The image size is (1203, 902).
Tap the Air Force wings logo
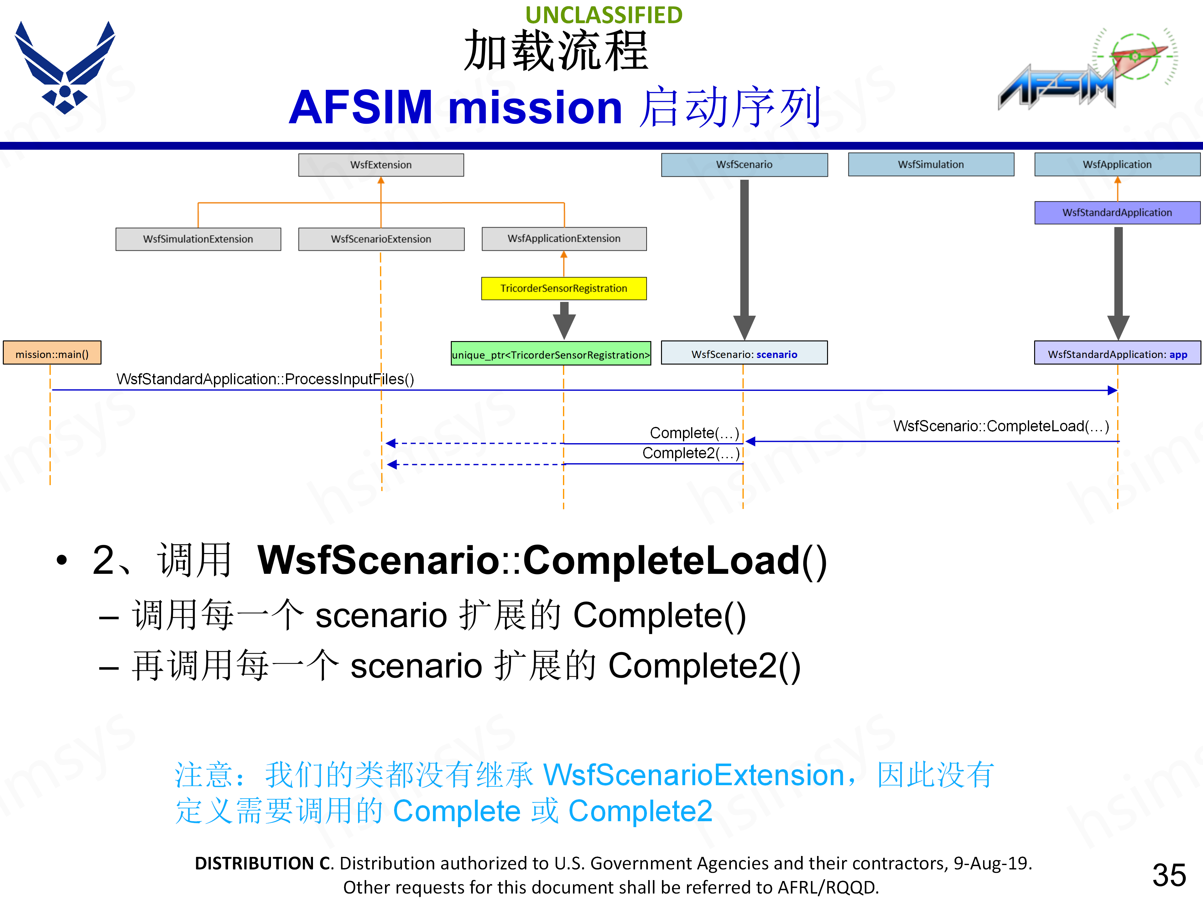click(x=65, y=68)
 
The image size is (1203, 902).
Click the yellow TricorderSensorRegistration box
click(x=564, y=288)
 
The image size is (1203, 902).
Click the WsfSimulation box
click(x=930, y=164)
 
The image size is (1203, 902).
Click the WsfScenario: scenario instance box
click(x=744, y=354)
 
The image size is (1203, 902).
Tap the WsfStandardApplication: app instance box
click(x=1117, y=354)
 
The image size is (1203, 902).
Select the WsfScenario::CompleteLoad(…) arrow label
click(x=1001, y=426)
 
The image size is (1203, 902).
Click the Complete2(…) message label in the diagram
click(x=691, y=453)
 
